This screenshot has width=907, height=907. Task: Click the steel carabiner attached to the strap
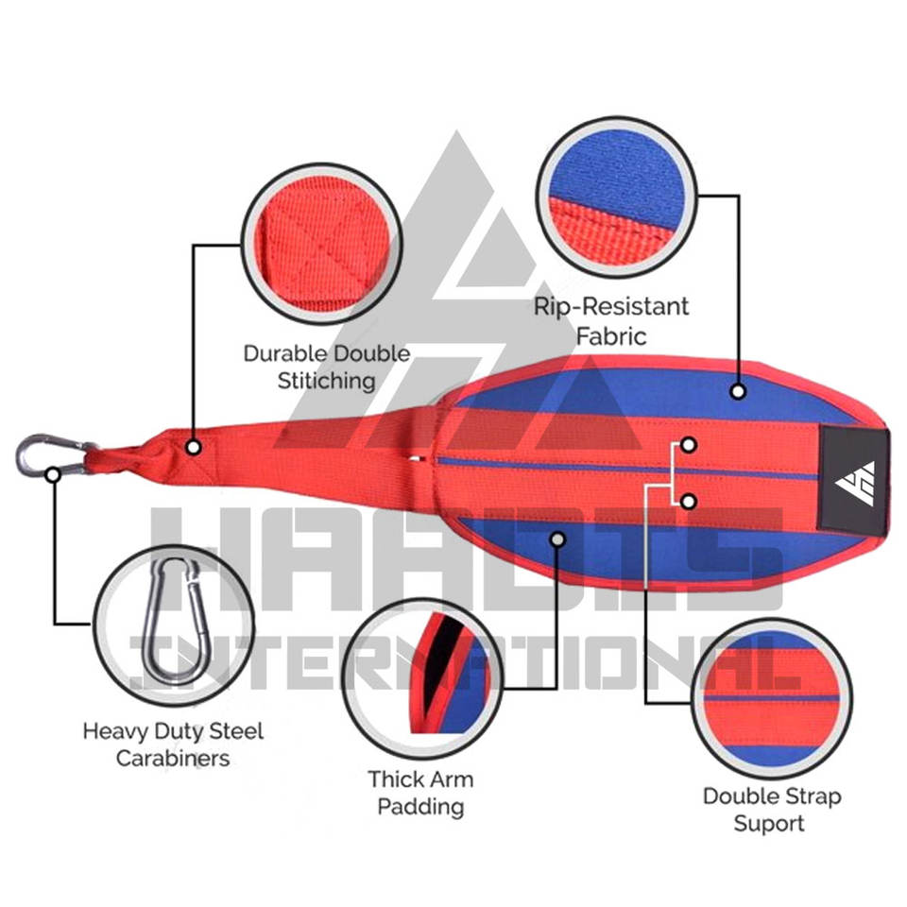pyautogui.click(x=36, y=454)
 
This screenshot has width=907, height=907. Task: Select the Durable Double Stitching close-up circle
pyautogui.click(x=321, y=244)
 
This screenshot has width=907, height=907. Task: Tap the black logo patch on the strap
pyautogui.click(x=855, y=471)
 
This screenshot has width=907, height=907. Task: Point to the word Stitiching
pyautogui.click(x=327, y=382)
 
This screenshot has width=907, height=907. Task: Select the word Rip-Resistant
pyautogui.click(x=611, y=307)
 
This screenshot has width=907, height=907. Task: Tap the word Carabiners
pyautogui.click(x=173, y=759)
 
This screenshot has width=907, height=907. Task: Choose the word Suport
pyautogui.click(x=771, y=823)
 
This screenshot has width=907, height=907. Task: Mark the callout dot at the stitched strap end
pyautogui.click(x=192, y=446)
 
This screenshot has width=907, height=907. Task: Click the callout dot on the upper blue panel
pyautogui.click(x=737, y=390)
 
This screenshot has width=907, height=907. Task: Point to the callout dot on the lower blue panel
pyautogui.click(x=557, y=539)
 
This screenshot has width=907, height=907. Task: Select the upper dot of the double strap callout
pyautogui.click(x=689, y=444)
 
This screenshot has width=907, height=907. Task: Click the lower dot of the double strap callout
pyautogui.click(x=689, y=501)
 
